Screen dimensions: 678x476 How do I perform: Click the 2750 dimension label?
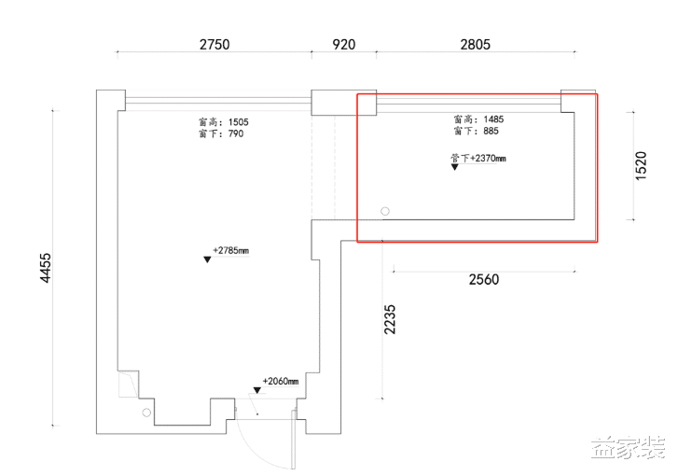click(x=214, y=44)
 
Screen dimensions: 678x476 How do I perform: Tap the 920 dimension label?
click(x=344, y=44)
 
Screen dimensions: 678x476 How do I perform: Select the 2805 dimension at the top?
click(x=476, y=44)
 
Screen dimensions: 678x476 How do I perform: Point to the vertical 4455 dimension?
click(x=46, y=268)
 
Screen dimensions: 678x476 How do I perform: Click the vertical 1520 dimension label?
click(x=642, y=166)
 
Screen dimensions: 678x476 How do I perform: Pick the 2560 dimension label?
click(x=484, y=280)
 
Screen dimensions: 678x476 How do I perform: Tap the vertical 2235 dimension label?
click(x=390, y=319)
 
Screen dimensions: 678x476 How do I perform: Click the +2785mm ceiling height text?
click(x=231, y=250)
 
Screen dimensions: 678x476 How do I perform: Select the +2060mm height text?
click(x=281, y=381)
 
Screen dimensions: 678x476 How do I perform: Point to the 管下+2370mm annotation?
click(x=477, y=159)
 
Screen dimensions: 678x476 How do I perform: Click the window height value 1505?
click(x=238, y=122)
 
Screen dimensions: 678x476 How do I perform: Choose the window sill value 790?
click(x=236, y=133)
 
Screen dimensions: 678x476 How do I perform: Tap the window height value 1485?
click(x=493, y=119)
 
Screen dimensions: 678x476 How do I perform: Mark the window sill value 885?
click(x=491, y=131)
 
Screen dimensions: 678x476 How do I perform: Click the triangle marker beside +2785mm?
click(x=207, y=259)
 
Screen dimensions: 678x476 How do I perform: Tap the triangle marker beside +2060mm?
click(x=257, y=390)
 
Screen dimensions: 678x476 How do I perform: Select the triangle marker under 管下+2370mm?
click(x=454, y=167)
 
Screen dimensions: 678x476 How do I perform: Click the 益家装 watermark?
click(x=628, y=448)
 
